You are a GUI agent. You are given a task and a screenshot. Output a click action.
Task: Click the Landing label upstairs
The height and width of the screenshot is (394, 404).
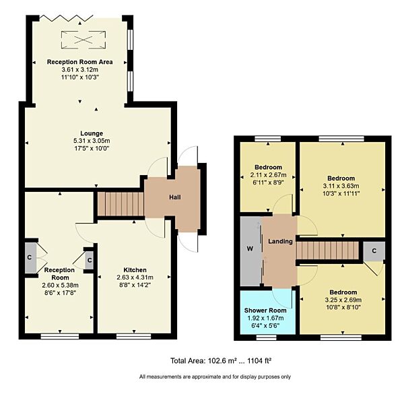pyautogui.click(x=281, y=242)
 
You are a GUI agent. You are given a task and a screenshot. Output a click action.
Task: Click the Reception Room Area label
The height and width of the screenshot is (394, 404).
pyautogui.click(x=79, y=62)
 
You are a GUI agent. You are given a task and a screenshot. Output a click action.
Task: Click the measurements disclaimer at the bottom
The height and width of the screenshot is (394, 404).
pyautogui.click(x=215, y=376)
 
